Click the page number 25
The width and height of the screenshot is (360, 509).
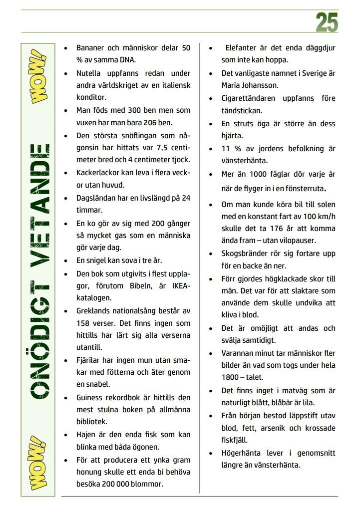[327, 23]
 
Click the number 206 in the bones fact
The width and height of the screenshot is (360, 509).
[158, 123]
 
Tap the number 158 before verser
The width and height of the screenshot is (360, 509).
[85, 322]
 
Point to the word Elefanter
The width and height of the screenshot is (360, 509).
[244, 48]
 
